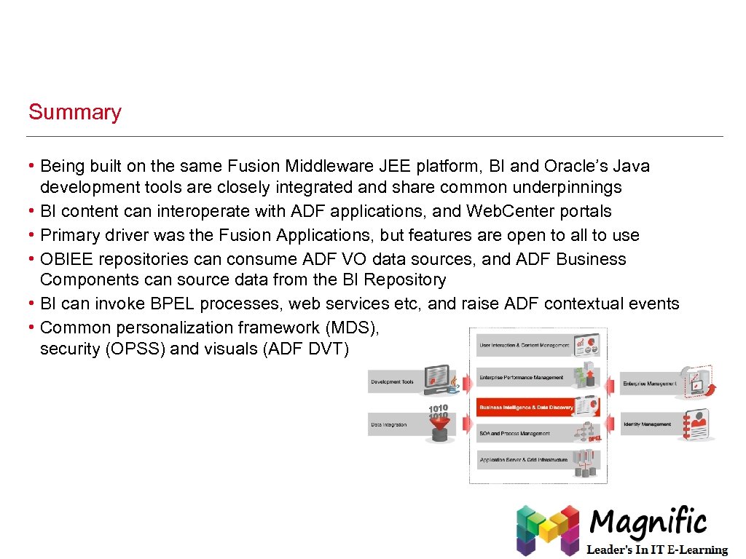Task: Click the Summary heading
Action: point(74,112)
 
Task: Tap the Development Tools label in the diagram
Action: point(393,382)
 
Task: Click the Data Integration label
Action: point(389,424)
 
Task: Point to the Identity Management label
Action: point(648,424)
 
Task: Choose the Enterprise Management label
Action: point(649,384)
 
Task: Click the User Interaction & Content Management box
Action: point(524,344)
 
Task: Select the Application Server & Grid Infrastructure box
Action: point(524,460)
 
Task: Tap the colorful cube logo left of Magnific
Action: point(546,529)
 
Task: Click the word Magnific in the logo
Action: point(648,523)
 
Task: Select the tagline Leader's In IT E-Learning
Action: point(657,550)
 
